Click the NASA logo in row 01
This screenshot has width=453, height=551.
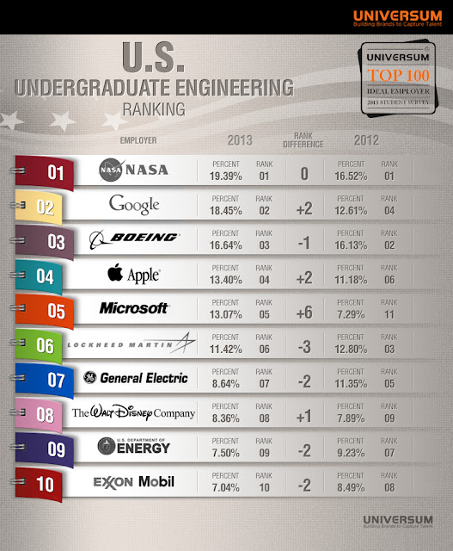point(134,170)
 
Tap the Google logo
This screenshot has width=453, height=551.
point(134,205)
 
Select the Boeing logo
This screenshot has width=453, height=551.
point(134,238)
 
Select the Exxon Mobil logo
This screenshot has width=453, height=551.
point(134,482)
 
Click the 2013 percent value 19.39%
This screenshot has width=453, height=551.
point(227,176)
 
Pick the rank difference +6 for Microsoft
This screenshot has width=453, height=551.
point(303,312)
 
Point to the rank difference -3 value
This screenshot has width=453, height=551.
point(303,346)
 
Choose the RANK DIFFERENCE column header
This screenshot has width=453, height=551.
point(303,140)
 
